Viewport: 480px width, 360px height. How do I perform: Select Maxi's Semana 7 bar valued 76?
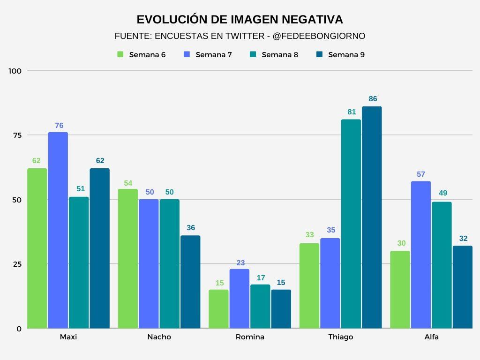pyautogui.click(x=58, y=230)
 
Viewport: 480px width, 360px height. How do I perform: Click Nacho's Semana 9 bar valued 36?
pyautogui.click(x=190, y=281)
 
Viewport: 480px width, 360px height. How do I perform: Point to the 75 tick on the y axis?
pyautogui.click(x=17, y=135)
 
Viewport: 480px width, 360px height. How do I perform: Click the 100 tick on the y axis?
pyautogui.click(x=15, y=71)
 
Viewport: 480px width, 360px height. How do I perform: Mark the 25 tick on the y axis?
pyautogui.click(x=17, y=264)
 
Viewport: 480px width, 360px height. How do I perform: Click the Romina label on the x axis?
pyautogui.click(x=250, y=337)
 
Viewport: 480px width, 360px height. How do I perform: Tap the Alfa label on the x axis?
pyautogui.click(x=431, y=337)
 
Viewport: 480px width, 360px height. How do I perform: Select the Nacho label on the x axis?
pyautogui.click(x=159, y=337)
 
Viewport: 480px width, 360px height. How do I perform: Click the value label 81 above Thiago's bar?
pyautogui.click(x=352, y=112)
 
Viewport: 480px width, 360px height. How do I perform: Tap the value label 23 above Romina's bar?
pyautogui.click(x=240, y=263)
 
